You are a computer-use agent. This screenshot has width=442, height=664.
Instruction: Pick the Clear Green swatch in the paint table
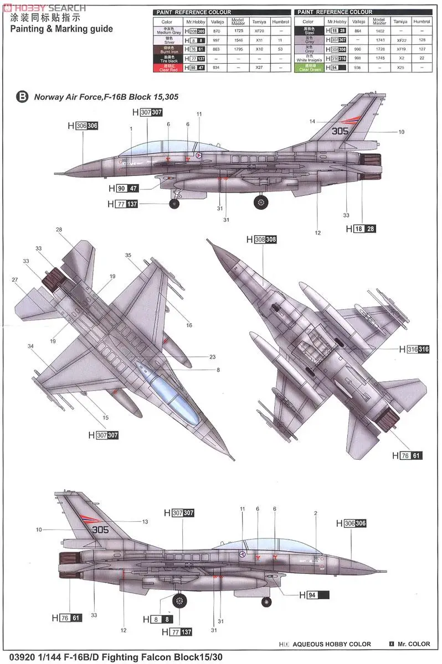[311, 68]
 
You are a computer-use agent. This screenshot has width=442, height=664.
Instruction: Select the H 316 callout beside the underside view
[414, 349]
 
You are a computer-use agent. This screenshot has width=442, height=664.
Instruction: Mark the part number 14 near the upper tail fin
[312, 121]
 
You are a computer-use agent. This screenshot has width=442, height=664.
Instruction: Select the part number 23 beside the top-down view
[212, 357]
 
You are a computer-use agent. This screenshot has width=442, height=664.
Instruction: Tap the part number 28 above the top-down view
[59, 229]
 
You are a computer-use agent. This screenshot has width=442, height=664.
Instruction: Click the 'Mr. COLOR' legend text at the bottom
[413, 644]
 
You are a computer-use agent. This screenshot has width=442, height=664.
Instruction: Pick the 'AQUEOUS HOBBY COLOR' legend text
[332, 644]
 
